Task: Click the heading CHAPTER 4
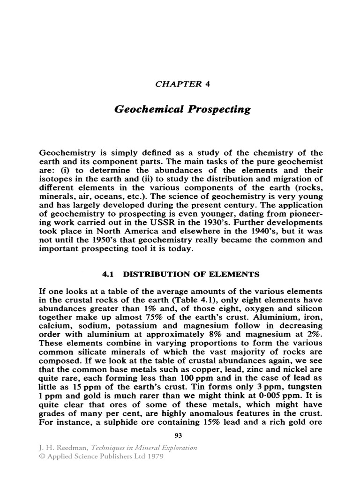[x=180, y=84]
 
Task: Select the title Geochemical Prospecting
[x=182, y=110]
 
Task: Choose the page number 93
[x=178, y=435]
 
